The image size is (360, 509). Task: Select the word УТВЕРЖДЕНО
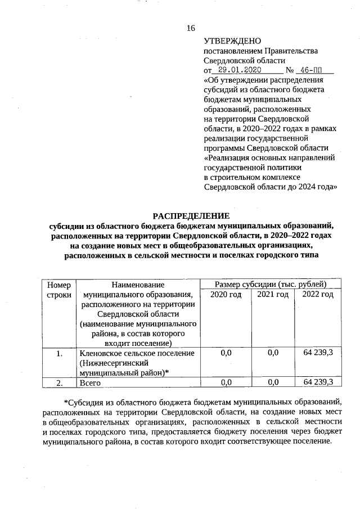232,41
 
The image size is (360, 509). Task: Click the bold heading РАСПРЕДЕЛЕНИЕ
191,216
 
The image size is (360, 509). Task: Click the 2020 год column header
226,295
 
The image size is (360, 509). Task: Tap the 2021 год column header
273,295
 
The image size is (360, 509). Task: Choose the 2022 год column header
318,295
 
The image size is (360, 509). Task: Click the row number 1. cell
58,353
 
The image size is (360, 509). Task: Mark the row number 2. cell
58,382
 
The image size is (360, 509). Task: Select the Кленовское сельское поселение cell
137,353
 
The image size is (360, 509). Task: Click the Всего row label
90,382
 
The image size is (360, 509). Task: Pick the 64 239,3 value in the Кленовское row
318,353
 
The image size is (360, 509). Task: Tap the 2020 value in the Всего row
226,382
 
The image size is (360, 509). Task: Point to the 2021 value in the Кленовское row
273,353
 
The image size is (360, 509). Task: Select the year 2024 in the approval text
309,187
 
